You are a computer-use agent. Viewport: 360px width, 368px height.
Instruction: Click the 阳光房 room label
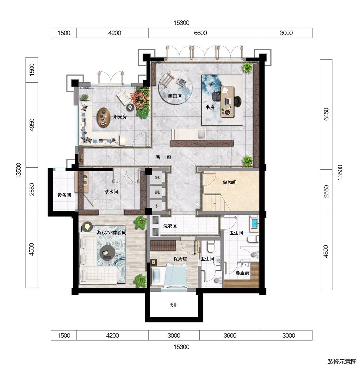click(x=120, y=117)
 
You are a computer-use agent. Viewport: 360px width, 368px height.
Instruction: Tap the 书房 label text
click(x=210, y=107)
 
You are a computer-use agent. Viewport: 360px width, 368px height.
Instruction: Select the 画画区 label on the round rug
click(x=175, y=96)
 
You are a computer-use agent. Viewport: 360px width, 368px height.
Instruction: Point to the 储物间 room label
click(x=230, y=182)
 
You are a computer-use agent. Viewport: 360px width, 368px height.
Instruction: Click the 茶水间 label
click(x=111, y=192)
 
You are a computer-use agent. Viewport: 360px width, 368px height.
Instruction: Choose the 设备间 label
click(x=64, y=195)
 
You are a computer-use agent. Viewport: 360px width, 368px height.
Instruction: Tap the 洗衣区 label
click(x=170, y=226)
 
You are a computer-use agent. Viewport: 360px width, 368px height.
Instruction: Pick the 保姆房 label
click(x=180, y=259)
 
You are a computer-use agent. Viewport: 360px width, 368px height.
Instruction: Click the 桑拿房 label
click(x=242, y=273)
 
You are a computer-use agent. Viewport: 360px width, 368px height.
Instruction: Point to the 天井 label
click(x=173, y=305)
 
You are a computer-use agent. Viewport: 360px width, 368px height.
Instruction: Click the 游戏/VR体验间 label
click(x=111, y=232)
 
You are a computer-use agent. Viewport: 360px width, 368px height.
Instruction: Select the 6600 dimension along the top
click(x=200, y=33)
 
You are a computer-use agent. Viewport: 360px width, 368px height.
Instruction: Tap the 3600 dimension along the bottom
click(x=230, y=335)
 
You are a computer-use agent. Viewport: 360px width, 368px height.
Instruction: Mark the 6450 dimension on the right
click(x=326, y=114)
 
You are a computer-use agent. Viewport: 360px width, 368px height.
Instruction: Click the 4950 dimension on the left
click(x=32, y=125)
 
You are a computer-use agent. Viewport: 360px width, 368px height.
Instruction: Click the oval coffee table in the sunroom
click(x=104, y=117)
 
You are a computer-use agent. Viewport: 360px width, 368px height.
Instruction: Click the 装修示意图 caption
click(x=342, y=362)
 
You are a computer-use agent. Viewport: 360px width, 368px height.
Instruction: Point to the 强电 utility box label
click(x=157, y=178)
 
